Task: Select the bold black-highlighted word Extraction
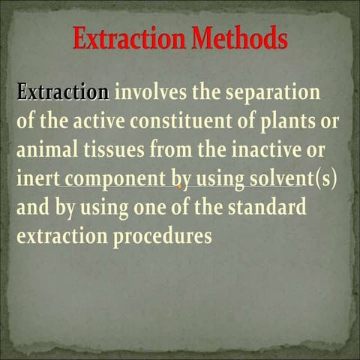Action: point(63,93)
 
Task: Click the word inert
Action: point(34,178)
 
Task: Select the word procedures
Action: point(163,235)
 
